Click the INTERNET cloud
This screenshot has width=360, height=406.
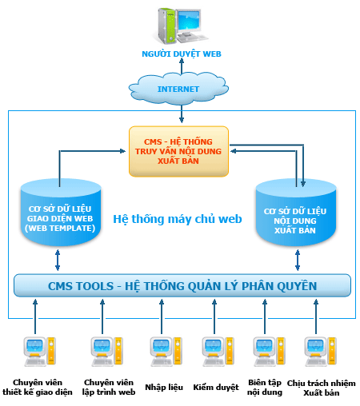pyautogui.click(x=178, y=89)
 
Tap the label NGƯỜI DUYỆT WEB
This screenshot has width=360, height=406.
pyautogui.click(x=182, y=54)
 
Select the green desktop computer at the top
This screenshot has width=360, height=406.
pyautogui.click(x=179, y=26)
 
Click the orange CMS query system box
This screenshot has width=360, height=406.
pyautogui.click(x=178, y=151)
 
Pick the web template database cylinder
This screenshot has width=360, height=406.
pyautogui.click(x=61, y=213)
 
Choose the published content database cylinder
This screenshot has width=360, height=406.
pyautogui.click(x=296, y=213)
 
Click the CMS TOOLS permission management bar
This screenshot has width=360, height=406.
pyautogui.click(x=182, y=285)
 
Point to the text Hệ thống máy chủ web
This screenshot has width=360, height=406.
pyautogui.click(x=178, y=219)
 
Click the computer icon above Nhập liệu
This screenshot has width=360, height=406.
pyautogui.click(x=166, y=352)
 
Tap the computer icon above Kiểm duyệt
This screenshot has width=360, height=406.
pyautogui.click(x=218, y=352)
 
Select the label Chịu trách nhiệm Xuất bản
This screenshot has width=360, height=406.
pyautogui.click(x=322, y=388)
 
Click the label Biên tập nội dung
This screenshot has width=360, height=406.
pyautogui.click(x=265, y=388)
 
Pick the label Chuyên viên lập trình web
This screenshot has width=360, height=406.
pyautogui.click(x=109, y=388)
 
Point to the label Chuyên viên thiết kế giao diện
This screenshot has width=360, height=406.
pyautogui.click(x=38, y=388)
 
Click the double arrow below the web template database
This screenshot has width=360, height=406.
pyautogui.click(x=58, y=260)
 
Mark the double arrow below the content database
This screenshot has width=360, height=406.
pyautogui.click(x=298, y=260)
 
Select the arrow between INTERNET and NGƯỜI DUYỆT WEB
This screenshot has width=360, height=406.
pyautogui.click(x=182, y=66)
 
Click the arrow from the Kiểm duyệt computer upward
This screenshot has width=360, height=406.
pyautogui.click(x=214, y=316)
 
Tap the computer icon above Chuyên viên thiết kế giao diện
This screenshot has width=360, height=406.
pyautogui.click(x=40, y=352)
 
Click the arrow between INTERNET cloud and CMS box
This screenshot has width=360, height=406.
pyautogui.click(x=182, y=114)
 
